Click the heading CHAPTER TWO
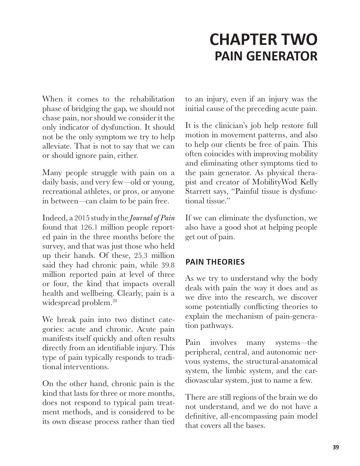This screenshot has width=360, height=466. pyautogui.click(x=263, y=40)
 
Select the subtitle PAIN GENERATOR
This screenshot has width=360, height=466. pyautogui.click(x=266, y=56)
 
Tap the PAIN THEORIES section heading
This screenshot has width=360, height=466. pyautogui.click(x=215, y=262)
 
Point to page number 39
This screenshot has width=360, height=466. pyautogui.click(x=335, y=447)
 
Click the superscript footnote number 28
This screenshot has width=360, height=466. pyautogui.click(x=115, y=301)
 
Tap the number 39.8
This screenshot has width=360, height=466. pyautogui.click(x=167, y=265)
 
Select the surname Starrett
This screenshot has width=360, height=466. pyautogui.click(x=197, y=191)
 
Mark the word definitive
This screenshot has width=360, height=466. pyautogui.click(x=202, y=416)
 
